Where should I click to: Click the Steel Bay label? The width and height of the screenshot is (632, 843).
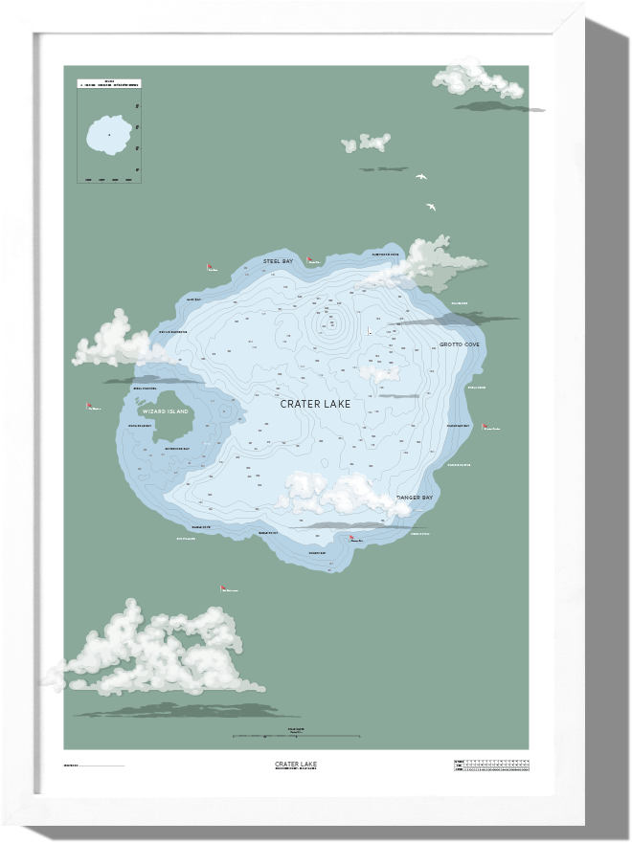tap(279, 260)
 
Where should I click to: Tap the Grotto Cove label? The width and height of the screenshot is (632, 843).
tap(460, 344)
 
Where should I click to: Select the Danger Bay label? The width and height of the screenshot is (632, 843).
tap(416, 498)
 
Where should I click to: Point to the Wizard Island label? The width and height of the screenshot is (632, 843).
tap(165, 411)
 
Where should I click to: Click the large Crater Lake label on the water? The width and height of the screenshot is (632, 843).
tap(315, 404)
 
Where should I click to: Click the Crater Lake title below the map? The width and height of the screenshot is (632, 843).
tap(295, 764)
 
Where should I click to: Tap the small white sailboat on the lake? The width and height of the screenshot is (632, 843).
tap(369, 331)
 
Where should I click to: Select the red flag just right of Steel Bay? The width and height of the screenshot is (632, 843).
tap(308, 258)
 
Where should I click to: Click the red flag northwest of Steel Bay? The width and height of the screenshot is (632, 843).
tap(209, 267)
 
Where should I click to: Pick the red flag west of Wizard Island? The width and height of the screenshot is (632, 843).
tap(88, 406)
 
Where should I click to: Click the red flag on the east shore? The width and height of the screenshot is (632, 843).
tap(485, 426)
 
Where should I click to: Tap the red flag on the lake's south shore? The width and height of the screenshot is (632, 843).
tap(350, 539)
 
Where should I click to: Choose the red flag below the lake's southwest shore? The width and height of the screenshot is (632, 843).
tap(222, 588)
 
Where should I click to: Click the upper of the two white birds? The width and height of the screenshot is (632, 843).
tap(419, 177)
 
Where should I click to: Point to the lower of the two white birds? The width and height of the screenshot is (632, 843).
tap(431, 206)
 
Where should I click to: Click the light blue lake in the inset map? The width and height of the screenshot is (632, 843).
tap(109, 136)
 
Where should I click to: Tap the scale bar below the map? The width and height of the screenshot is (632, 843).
tap(297, 736)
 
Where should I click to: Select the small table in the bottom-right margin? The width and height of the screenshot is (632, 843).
tap(491, 765)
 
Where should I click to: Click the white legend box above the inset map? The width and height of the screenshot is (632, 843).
tap(109, 83)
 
